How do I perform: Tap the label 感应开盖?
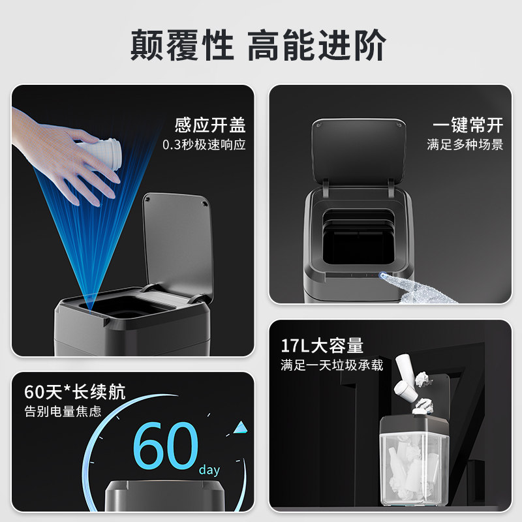(209, 125)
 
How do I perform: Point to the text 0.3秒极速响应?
(204, 145)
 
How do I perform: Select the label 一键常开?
(468, 125)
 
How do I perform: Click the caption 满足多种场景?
(465, 145)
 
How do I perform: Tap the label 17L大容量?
(322, 345)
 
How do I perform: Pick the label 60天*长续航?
(75, 392)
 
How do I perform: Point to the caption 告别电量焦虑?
(63, 412)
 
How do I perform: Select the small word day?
(209, 470)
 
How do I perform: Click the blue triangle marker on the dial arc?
(241, 427)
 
